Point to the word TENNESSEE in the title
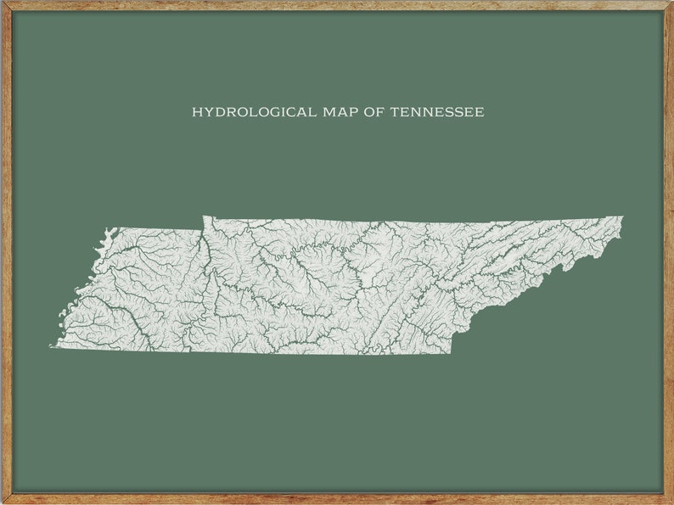437,112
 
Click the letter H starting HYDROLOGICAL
197,112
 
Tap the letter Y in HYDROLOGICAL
208,112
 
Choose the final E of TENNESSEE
480,112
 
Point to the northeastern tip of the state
622,217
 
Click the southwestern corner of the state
53,346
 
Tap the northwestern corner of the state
106,228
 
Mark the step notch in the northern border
203,217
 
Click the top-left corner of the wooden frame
3,3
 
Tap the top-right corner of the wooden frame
671,3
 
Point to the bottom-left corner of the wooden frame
3,502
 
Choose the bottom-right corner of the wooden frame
671,502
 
